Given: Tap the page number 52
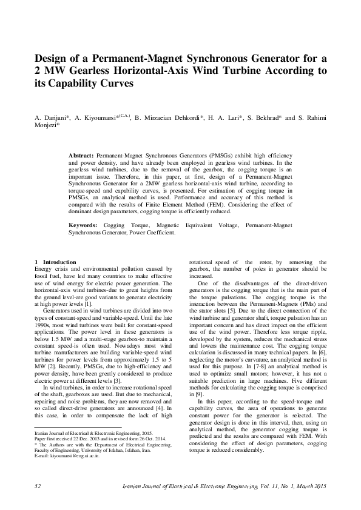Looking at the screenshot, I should [38, 486].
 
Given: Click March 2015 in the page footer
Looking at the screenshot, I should [312, 486].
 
